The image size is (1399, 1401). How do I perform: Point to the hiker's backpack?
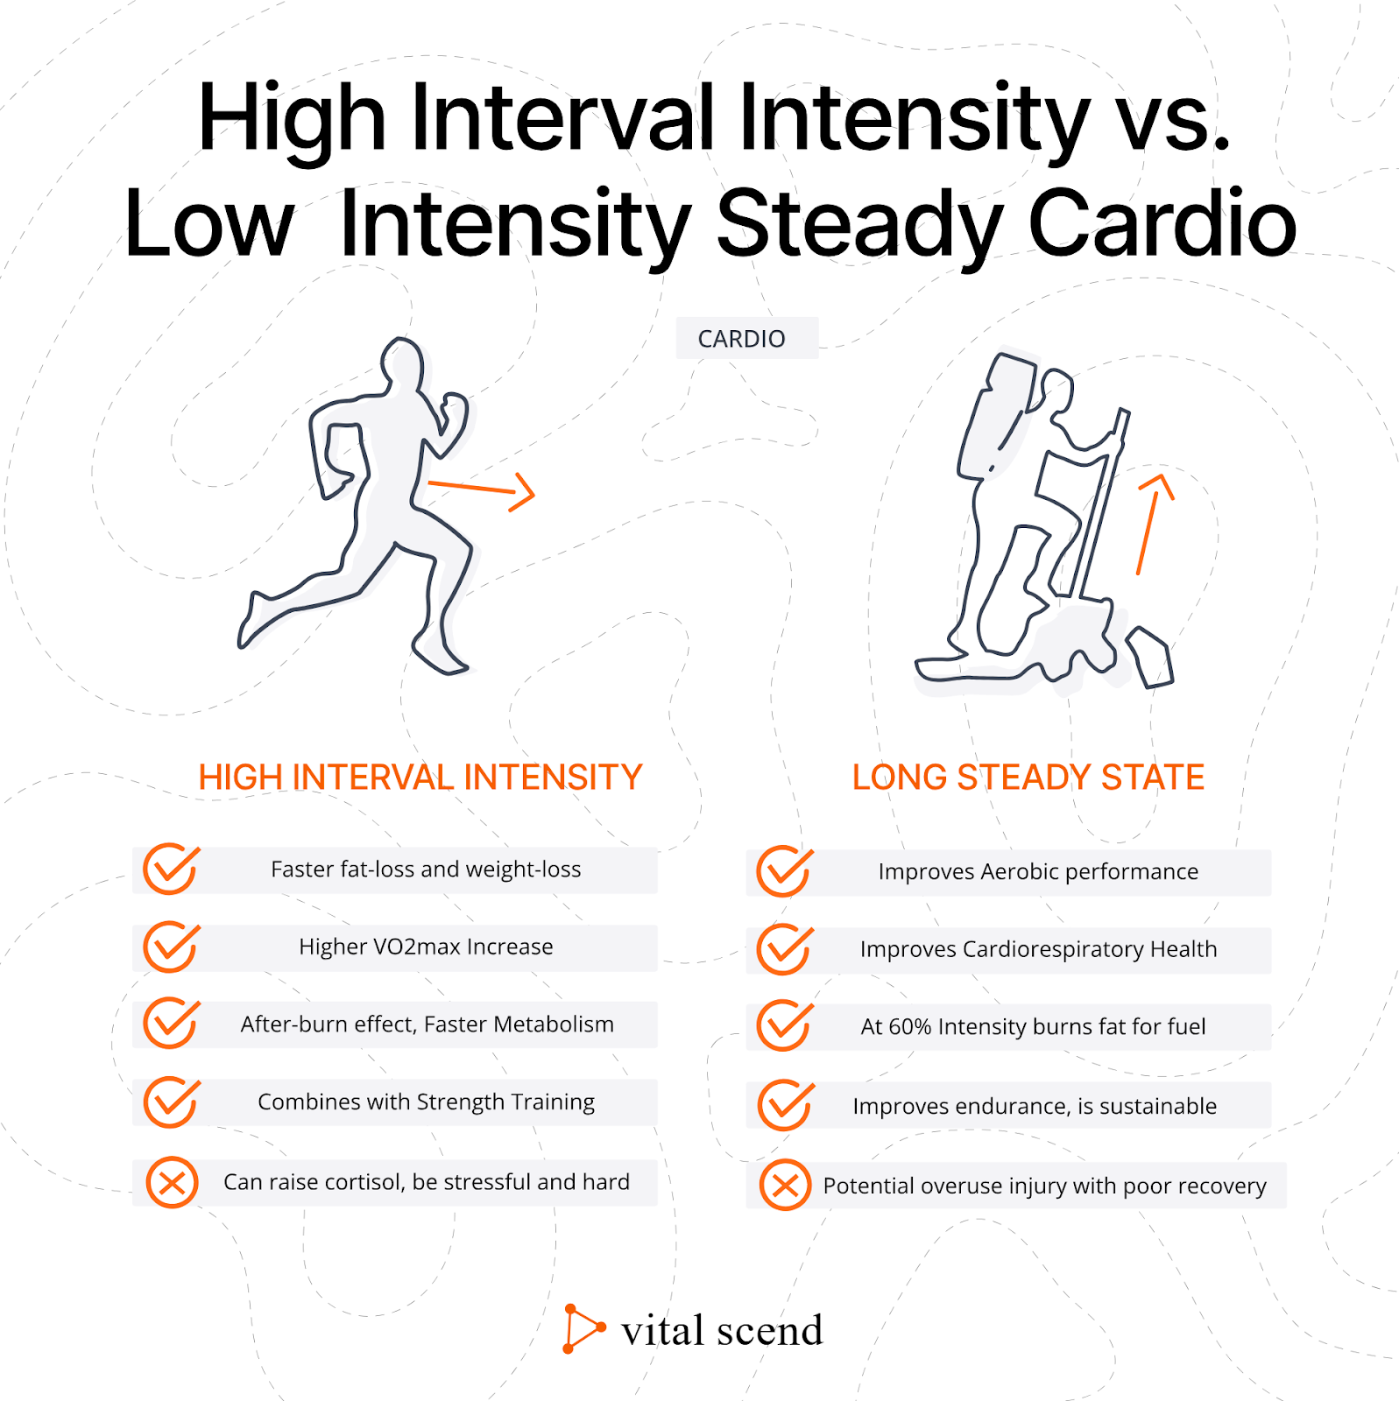(996, 415)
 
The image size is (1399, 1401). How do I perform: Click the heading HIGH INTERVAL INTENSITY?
(420, 778)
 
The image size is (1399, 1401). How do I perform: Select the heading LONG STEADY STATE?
(1028, 778)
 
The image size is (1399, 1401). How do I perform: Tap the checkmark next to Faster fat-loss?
(172, 869)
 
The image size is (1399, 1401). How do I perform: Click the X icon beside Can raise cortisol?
(172, 1183)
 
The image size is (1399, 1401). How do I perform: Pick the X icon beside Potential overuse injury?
(785, 1186)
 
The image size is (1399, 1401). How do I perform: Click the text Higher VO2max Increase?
(426, 947)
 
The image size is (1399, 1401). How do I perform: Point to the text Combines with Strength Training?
(426, 1102)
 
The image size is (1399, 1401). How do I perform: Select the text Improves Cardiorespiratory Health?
(1038, 949)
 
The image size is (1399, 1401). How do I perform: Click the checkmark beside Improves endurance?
(786, 1105)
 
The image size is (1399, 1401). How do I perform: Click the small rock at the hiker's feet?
(1149, 657)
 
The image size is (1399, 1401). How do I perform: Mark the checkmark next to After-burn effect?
(172, 1023)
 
